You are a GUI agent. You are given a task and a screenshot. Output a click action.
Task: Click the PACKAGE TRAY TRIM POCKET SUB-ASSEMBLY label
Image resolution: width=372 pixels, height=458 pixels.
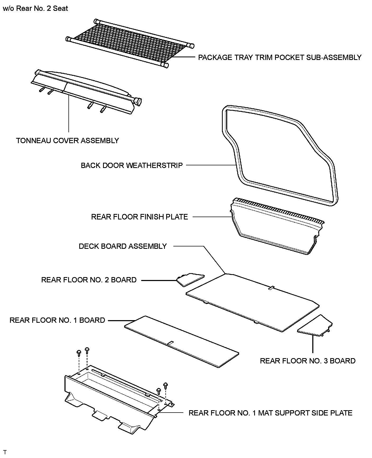tap(280, 58)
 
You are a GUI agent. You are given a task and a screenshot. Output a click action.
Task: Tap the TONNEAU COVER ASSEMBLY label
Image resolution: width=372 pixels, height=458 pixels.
tap(67, 141)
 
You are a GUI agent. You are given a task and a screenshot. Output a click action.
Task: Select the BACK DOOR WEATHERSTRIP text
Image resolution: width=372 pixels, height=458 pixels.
tap(132, 166)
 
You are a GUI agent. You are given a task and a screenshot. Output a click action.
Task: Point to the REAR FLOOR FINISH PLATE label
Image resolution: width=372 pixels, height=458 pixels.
tap(139, 217)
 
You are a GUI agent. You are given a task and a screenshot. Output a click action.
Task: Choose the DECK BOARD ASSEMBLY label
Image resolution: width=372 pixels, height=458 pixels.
tap(123, 246)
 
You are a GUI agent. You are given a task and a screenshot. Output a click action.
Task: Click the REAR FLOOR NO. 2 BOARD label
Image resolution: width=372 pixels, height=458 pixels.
tap(89, 280)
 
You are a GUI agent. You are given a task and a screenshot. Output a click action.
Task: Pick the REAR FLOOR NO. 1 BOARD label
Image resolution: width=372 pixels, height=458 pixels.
tap(57, 320)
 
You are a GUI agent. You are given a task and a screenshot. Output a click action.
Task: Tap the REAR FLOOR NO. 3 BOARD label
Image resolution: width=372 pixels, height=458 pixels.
tap(308, 361)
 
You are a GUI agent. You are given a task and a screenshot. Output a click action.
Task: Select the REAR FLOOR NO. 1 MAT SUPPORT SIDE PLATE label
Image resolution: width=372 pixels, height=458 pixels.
tap(270, 413)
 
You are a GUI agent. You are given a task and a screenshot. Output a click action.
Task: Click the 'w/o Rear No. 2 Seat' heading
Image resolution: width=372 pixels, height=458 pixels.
tap(35, 8)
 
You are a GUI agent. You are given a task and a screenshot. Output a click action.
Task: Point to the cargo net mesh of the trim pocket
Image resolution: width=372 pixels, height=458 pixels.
tap(129, 42)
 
